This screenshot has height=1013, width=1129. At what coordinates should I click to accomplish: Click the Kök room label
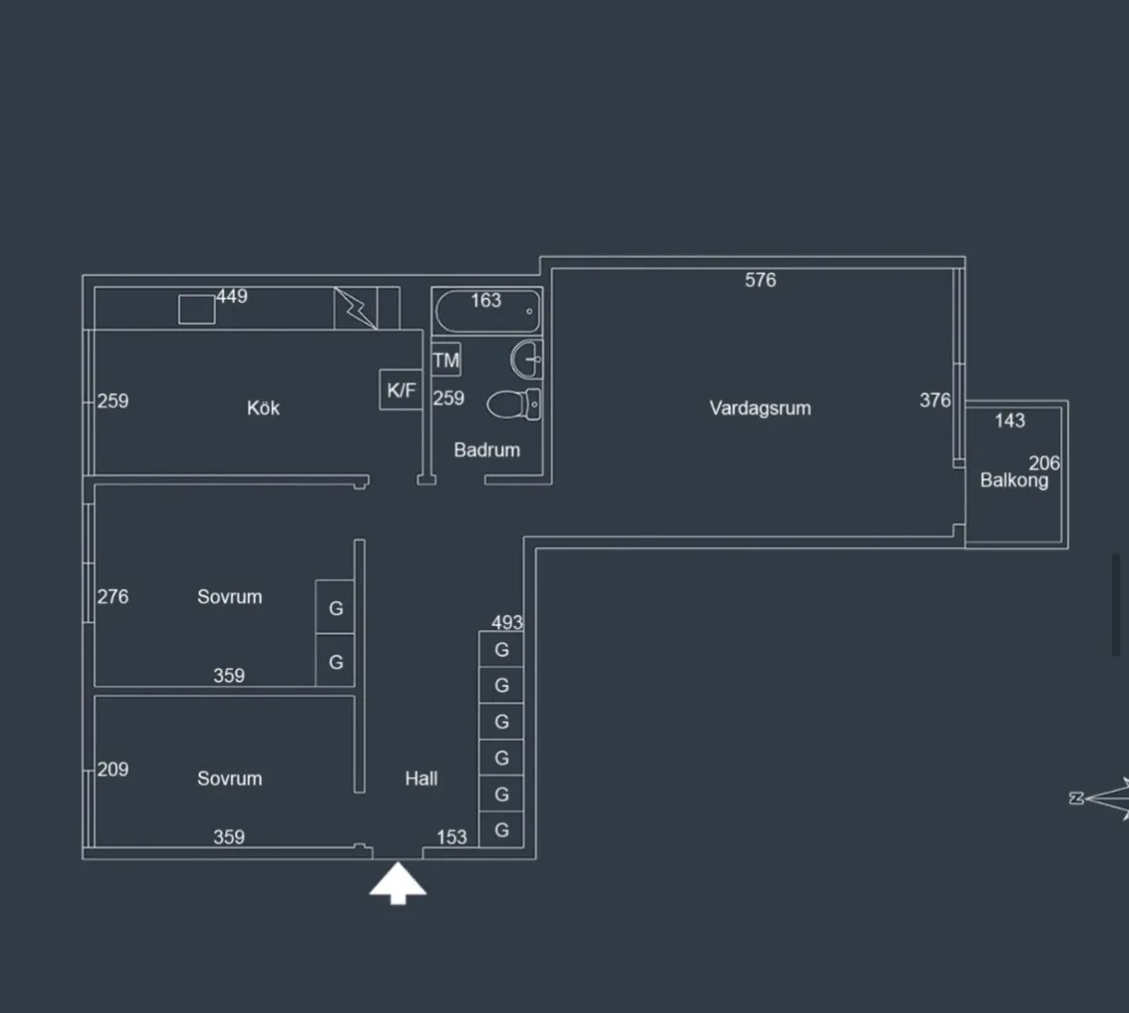point(263,407)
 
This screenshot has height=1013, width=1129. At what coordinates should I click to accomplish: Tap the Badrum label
point(487,450)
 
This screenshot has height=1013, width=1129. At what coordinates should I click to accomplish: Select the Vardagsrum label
point(760,408)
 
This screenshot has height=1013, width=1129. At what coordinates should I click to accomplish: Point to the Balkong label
point(1014,480)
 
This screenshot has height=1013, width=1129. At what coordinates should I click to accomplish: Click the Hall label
point(421,778)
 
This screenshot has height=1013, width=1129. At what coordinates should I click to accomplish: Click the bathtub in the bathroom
point(488,311)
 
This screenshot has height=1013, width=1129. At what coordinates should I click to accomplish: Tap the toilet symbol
point(514,403)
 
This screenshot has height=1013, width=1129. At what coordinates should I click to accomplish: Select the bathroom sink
point(526,358)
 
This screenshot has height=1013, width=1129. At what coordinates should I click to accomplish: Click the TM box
point(447,360)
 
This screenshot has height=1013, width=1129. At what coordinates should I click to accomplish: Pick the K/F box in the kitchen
point(401,390)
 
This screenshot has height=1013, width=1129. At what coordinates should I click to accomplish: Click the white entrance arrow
point(398,883)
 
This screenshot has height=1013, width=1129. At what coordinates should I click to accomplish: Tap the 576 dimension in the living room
point(760,280)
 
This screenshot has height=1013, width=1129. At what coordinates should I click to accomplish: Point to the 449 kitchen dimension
point(232,297)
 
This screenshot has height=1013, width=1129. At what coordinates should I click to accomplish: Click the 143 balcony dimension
point(1009,421)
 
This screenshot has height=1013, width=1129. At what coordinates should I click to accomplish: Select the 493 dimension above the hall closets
point(507,622)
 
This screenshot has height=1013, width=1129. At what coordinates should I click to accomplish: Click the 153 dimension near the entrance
point(451,837)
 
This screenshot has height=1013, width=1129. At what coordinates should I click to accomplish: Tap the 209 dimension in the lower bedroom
point(113,770)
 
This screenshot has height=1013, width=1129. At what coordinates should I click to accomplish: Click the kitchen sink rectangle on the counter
point(196,310)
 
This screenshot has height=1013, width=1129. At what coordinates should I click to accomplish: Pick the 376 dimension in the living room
point(934,401)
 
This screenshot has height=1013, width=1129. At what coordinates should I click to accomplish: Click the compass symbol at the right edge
point(1101,797)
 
